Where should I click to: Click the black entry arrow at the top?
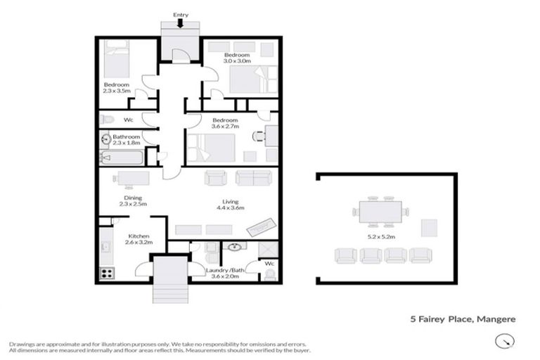coord(181,23)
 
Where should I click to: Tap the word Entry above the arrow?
coord(181,13)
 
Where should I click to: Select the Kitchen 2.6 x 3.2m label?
coord(136,239)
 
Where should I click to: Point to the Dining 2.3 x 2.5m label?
coord(133,201)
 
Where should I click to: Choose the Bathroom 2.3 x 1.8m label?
coord(127,140)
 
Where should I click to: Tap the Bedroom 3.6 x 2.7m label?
coord(226,123)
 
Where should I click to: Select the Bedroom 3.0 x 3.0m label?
coord(237,58)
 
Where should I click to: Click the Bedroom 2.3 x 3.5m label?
coord(117,87)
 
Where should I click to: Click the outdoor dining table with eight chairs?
coord(381,210)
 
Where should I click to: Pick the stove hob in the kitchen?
coord(108,274)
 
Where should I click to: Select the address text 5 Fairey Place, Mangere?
coord(463,319)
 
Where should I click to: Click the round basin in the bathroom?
coord(105,139)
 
